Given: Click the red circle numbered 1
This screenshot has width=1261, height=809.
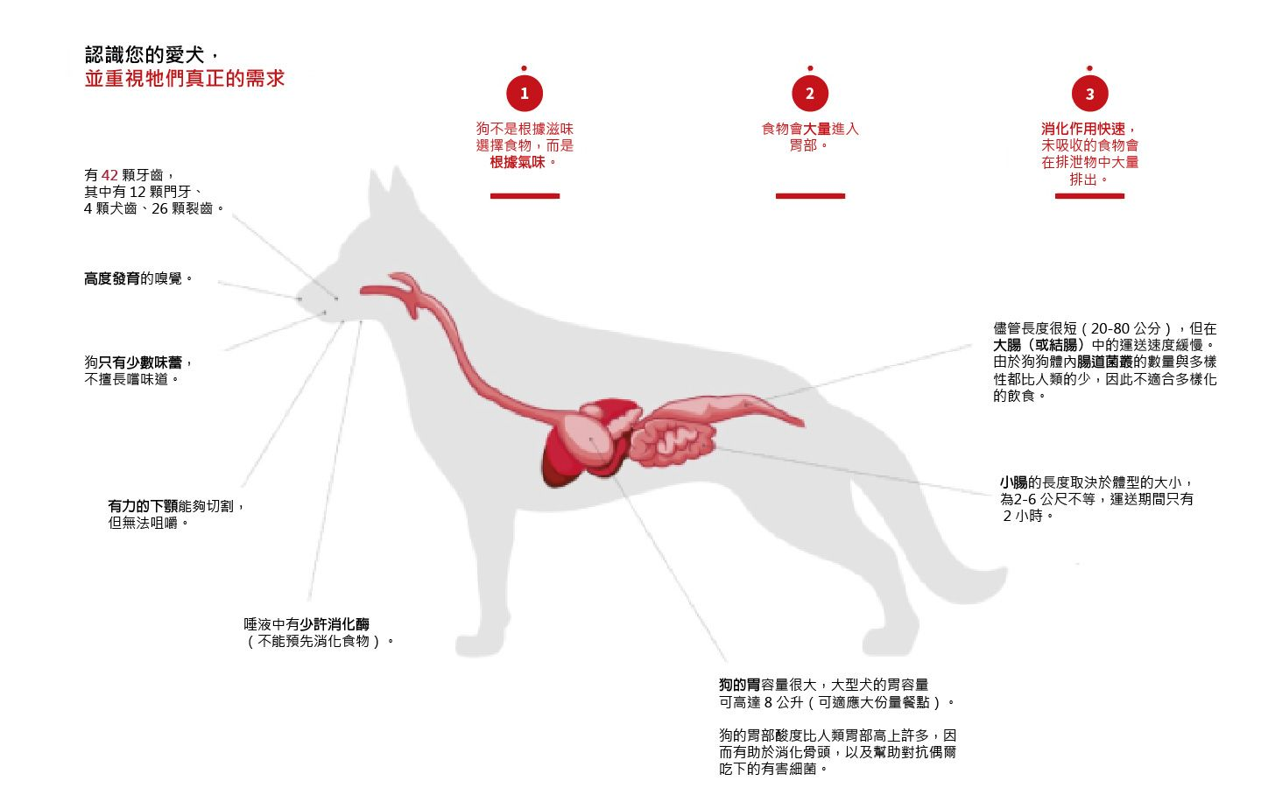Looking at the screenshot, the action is [x=524, y=94].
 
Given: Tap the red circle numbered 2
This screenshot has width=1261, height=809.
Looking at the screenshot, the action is [x=809, y=94].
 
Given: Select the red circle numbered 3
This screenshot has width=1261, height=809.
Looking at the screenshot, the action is [x=1089, y=94].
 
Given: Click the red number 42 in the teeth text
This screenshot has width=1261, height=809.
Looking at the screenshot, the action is [x=109, y=175].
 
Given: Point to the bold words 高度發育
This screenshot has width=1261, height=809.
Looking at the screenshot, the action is [x=112, y=278].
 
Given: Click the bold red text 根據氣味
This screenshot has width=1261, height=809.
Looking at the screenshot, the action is [x=518, y=163].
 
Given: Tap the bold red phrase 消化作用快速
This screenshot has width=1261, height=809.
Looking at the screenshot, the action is [x=1082, y=129].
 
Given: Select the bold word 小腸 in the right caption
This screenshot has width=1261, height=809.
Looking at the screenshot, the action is [x=1013, y=482].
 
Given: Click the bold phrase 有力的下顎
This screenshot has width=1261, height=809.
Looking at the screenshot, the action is [x=143, y=506].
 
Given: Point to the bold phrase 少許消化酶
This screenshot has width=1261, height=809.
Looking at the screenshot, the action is [x=335, y=624].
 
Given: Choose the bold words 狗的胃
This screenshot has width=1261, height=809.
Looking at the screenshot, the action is [x=740, y=686].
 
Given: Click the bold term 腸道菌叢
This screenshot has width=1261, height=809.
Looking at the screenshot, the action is [x=1104, y=362].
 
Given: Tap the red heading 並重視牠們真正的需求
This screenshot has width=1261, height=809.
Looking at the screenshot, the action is [x=185, y=78].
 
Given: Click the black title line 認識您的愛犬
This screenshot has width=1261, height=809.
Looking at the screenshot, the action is [x=144, y=54].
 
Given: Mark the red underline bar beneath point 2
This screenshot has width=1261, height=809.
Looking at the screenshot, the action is [x=810, y=196].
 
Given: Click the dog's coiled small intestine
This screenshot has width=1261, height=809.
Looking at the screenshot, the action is [x=673, y=442].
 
